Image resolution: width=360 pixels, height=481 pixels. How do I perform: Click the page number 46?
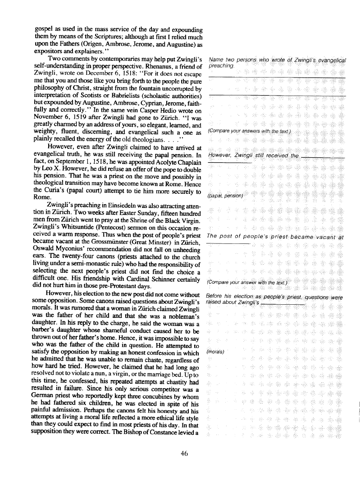tap(183, 454)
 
